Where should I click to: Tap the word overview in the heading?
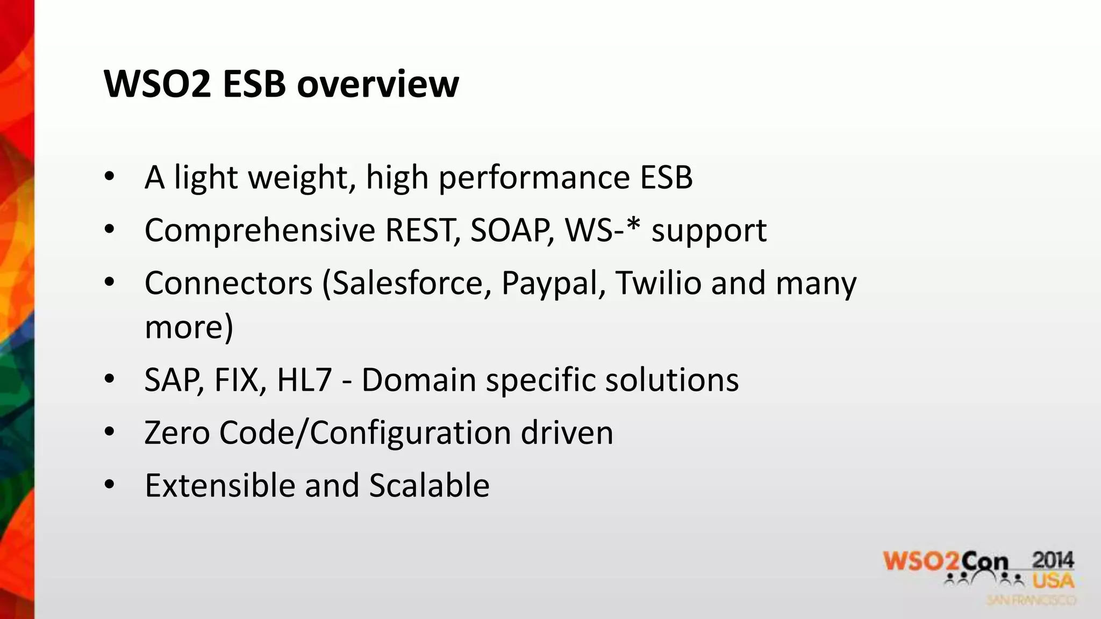(378, 84)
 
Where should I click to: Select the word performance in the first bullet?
(534, 178)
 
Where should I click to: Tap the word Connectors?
(228, 283)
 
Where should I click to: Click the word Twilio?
(659, 283)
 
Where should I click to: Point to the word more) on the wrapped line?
(189, 327)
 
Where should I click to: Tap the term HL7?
(304, 380)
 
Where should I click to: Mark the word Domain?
(419, 380)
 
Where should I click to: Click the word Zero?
(177, 433)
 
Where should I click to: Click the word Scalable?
(429, 485)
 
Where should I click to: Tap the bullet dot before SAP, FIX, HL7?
(110, 379)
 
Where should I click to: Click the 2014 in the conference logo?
(1053, 561)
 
